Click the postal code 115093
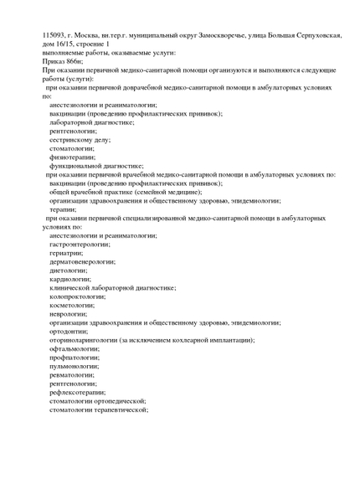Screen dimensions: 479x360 pos(56,34)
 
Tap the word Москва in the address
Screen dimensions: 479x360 pos(95,34)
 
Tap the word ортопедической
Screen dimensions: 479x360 pos(120,400)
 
